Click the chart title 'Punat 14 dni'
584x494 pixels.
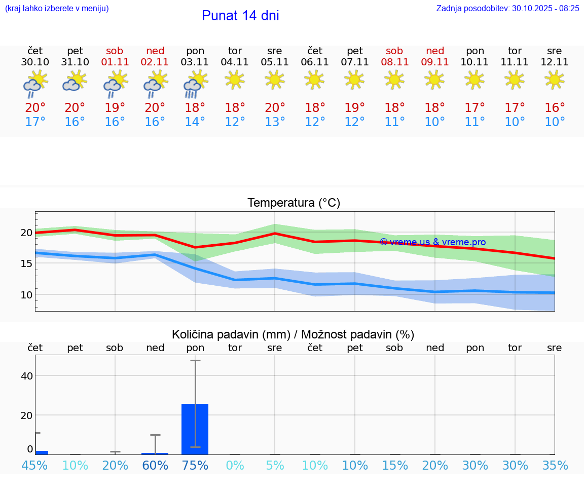pos(240,16)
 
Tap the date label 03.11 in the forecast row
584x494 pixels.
pos(195,62)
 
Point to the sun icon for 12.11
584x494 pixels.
pos(555,80)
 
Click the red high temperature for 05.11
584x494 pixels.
pos(275,107)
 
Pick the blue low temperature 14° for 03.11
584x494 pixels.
pos(195,122)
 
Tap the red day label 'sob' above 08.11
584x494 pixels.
pos(394,51)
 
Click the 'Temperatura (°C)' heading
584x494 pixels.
pos(294,203)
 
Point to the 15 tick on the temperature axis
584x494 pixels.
pos(26,263)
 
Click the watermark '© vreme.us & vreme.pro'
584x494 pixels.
pos(433,242)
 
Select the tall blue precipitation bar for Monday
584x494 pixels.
pos(195,429)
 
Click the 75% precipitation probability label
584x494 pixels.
pos(195,466)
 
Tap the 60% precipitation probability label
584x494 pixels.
pos(155,466)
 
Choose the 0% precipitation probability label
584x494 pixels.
pos(235,466)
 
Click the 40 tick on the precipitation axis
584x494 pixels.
pos(26,376)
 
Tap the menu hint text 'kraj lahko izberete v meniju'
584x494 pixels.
pos(57,8)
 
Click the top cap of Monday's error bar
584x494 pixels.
pos(195,361)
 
